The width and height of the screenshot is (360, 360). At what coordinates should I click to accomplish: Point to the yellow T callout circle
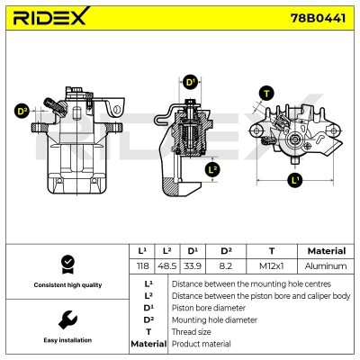265,93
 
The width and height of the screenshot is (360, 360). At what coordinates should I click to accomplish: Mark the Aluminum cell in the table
325,266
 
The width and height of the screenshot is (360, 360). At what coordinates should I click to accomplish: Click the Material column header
325,251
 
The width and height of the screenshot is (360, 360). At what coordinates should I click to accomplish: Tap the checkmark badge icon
67,263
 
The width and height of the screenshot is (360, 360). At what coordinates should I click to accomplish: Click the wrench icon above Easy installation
67,319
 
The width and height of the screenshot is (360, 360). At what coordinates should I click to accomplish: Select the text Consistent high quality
67,285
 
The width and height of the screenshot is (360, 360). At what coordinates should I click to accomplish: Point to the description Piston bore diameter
209,307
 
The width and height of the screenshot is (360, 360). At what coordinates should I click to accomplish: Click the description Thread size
194,331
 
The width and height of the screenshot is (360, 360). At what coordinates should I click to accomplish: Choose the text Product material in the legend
201,344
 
